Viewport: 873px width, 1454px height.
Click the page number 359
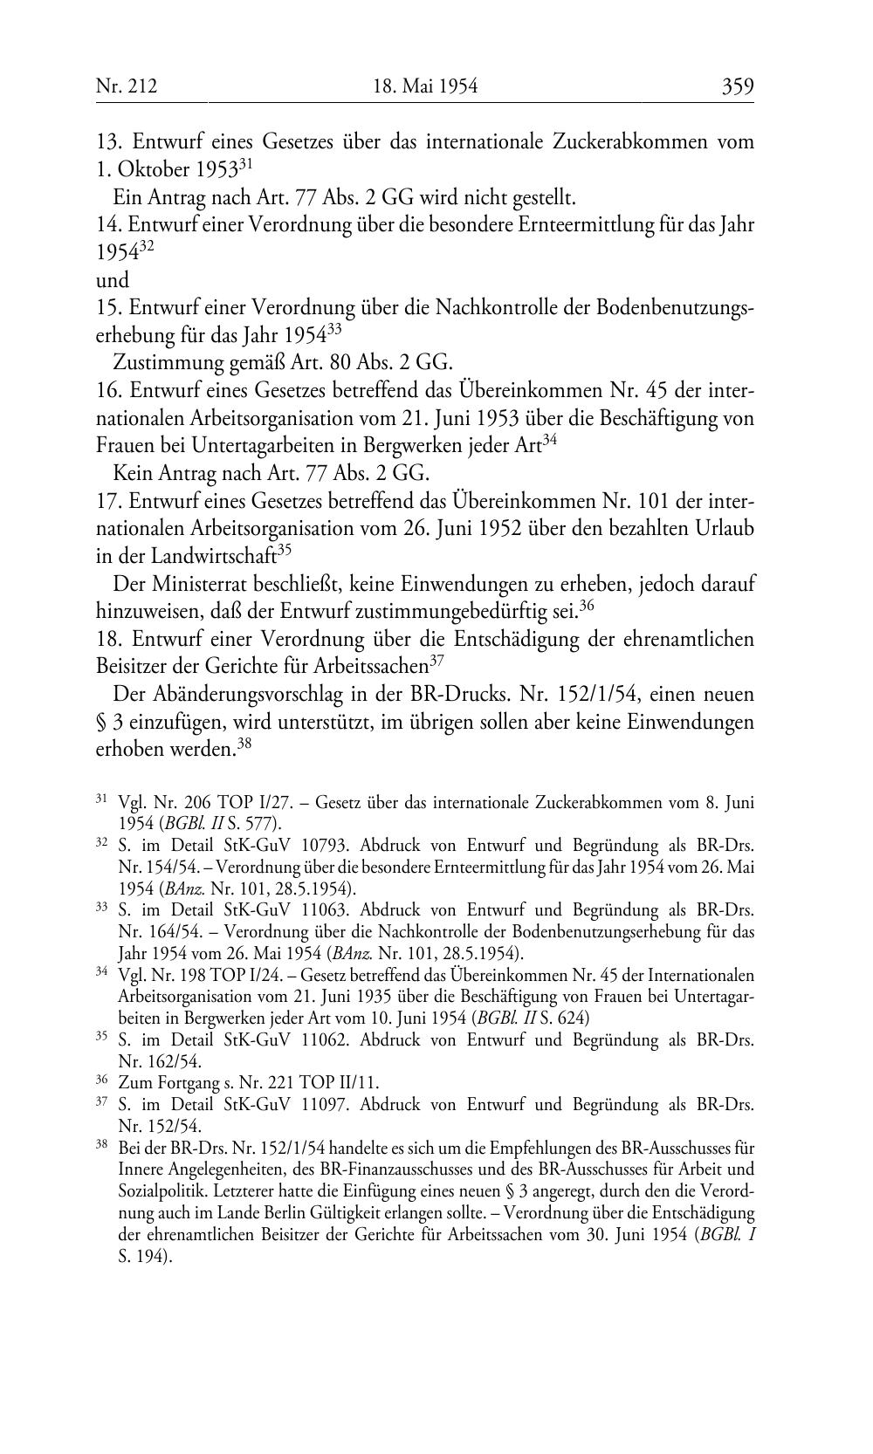(737, 86)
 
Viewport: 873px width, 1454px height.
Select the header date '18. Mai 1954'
(425, 86)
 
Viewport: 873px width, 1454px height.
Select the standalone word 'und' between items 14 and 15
(112, 280)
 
